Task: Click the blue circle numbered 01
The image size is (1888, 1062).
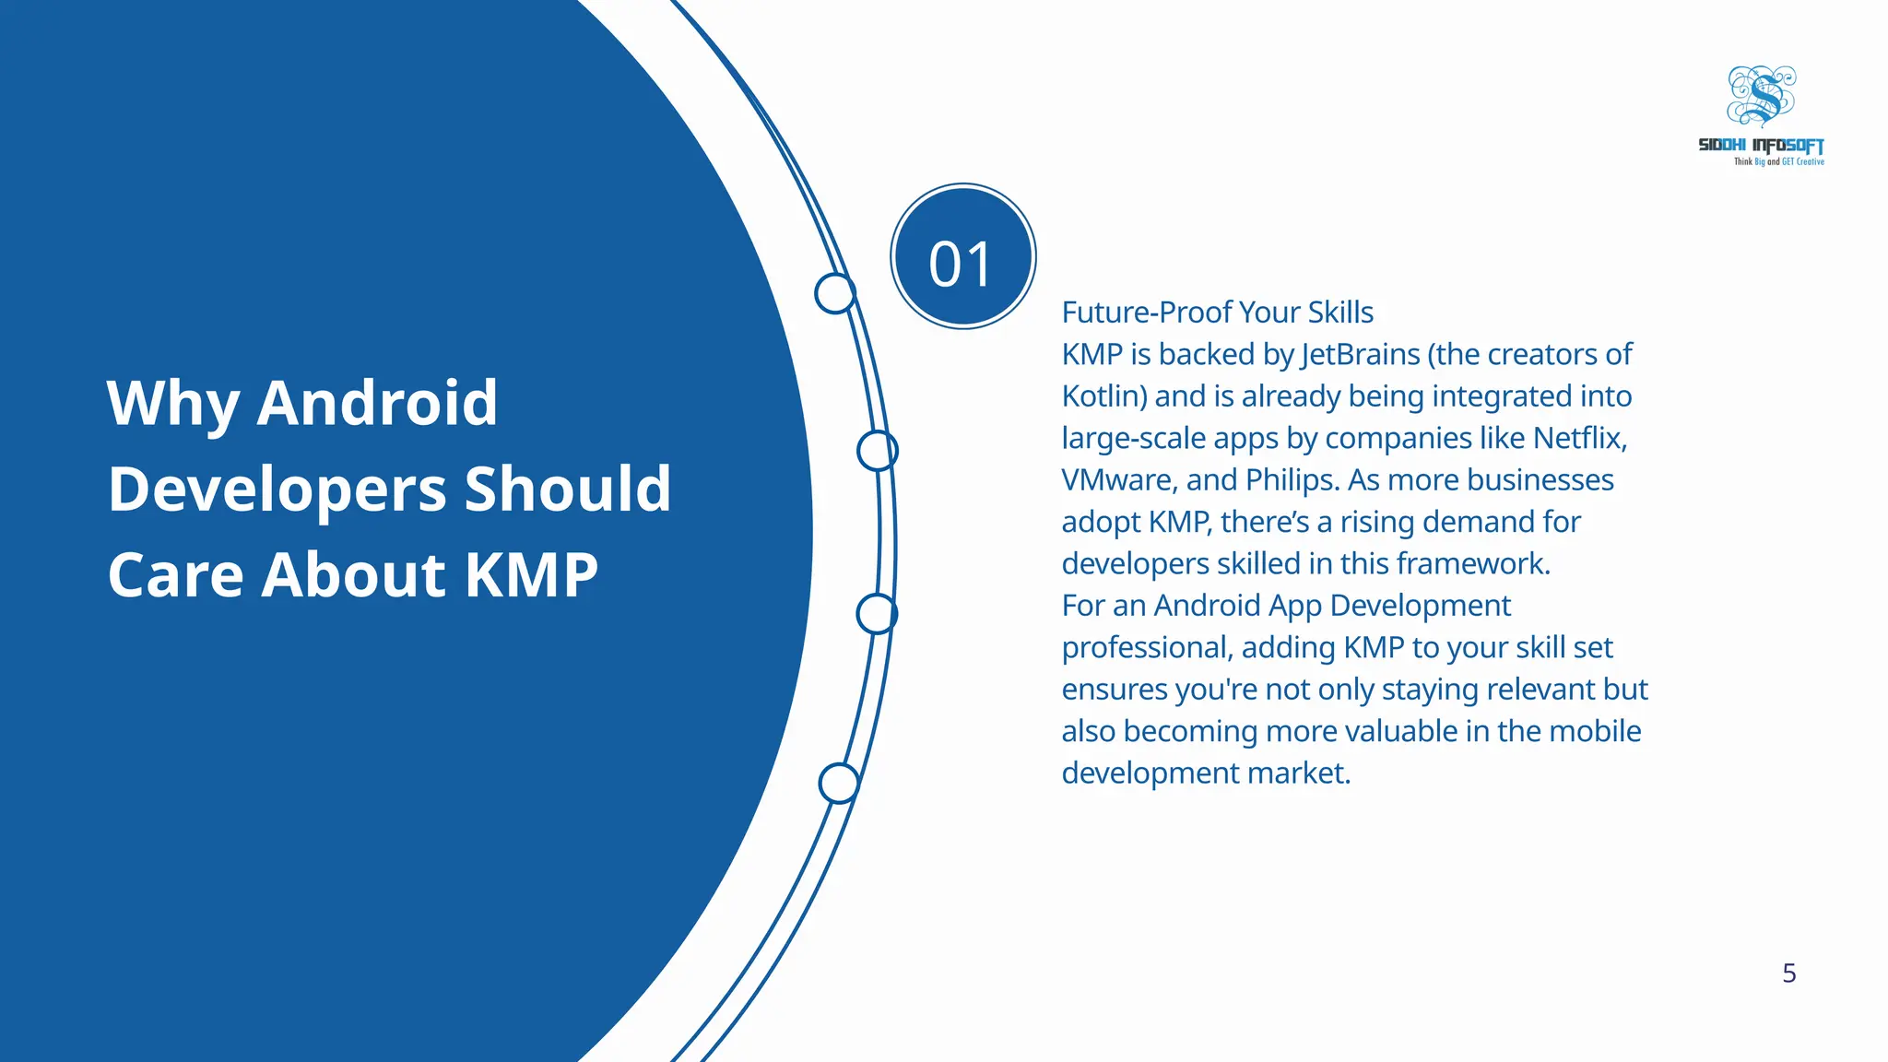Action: coord(962,256)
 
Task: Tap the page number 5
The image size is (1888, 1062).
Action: coord(1788,973)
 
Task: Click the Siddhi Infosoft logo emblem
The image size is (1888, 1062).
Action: coord(1761,96)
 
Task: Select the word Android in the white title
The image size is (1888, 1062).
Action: coord(377,403)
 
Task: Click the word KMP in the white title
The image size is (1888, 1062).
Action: coord(531,575)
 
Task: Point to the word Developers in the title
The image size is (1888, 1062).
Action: coord(277,490)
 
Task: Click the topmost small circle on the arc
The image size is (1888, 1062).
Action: coord(835,293)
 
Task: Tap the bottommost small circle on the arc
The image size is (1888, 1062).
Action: coord(839,784)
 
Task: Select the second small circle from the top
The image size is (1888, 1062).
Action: coord(877,451)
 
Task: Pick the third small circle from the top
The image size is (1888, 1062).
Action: coord(877,614)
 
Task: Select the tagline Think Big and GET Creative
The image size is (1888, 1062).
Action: coord(1778,162)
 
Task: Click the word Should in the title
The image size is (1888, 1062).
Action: coord(568,489)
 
